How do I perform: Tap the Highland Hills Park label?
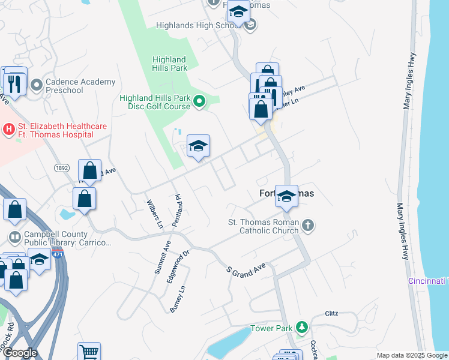tap(169, 64)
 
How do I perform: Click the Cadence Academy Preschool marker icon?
tap(37, 85)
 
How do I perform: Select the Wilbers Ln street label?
tap(155, 214)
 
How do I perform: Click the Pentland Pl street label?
tap(176, 210)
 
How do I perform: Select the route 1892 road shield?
tap(61, 169)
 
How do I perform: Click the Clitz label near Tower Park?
tap(332, 313)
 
